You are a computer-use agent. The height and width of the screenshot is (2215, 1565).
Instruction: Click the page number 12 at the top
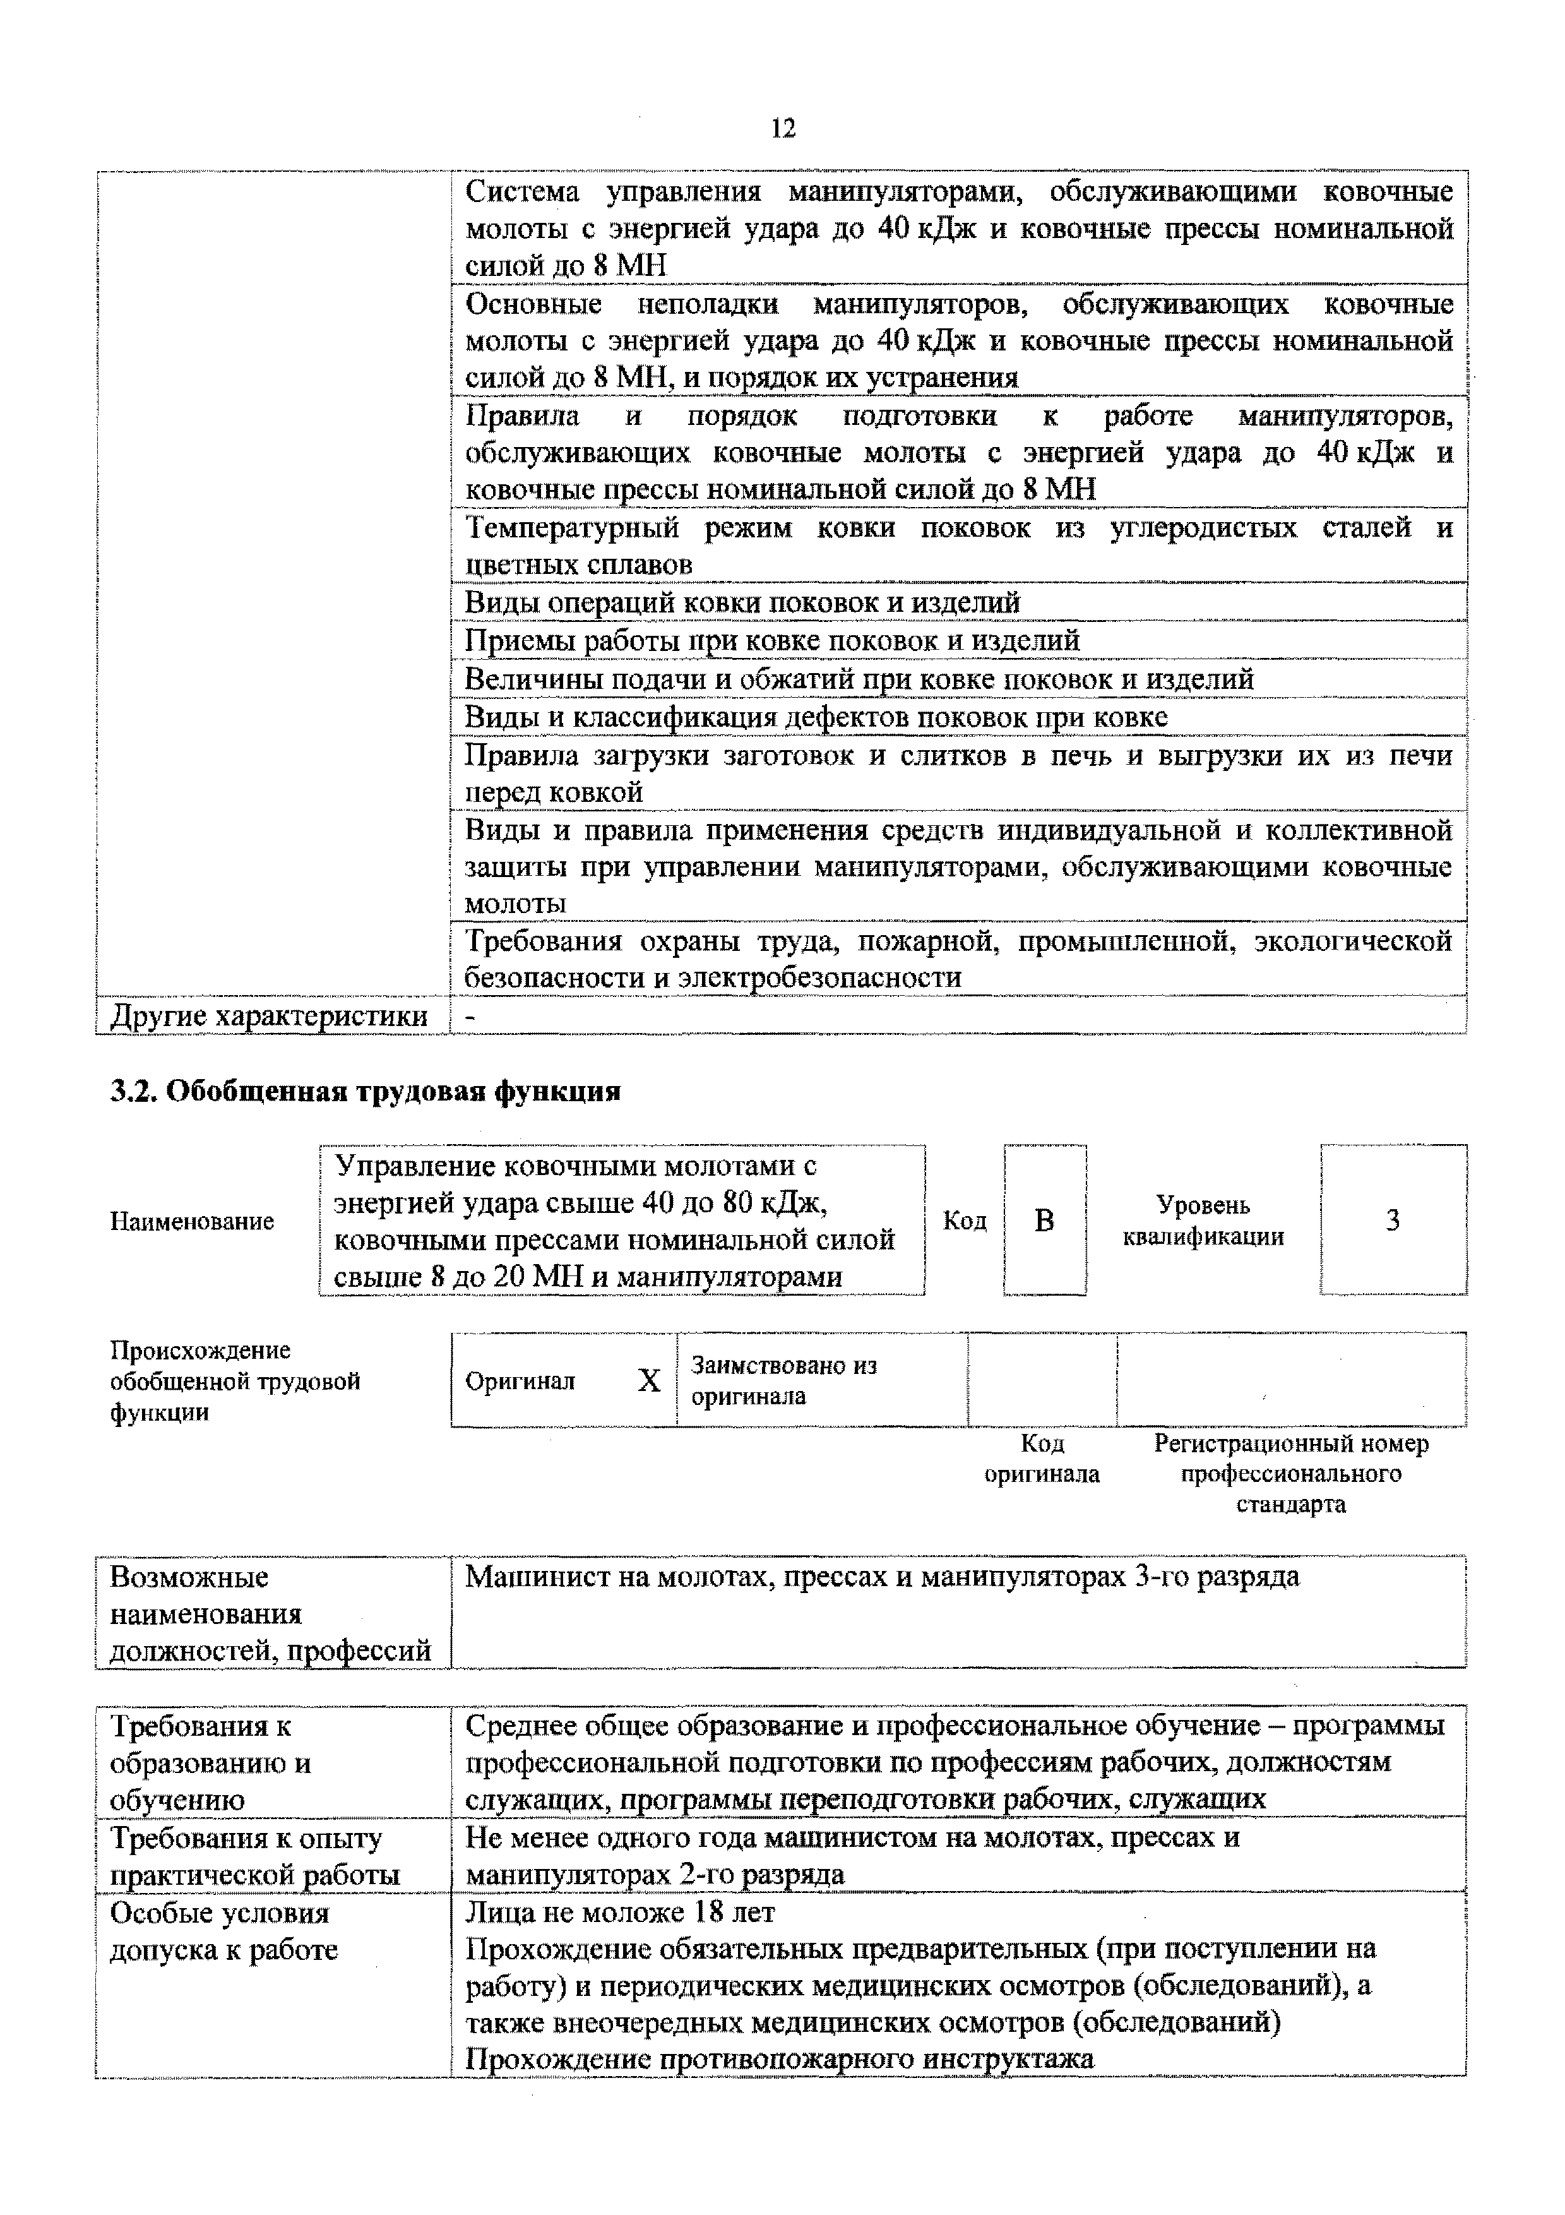(783, 128)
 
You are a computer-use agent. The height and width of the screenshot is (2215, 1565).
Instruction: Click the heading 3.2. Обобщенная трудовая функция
(364, 1091)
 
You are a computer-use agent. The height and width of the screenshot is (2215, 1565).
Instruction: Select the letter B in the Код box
(1044, 1221)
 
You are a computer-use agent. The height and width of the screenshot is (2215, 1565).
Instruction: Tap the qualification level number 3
(1393, 1221)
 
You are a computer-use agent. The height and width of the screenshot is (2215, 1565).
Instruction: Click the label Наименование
(192, 1221)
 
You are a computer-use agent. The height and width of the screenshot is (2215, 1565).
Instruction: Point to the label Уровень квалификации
(1203, 1221)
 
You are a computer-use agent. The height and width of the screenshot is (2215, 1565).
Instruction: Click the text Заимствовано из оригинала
(783, 1380)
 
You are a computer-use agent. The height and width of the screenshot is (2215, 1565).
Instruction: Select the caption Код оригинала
(1042, 1459)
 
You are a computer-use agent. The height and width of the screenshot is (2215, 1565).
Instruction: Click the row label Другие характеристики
(269, 1016)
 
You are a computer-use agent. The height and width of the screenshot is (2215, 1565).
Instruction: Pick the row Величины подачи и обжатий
(858, 679)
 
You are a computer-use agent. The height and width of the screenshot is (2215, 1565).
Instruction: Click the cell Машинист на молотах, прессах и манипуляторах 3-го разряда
(881, 1577)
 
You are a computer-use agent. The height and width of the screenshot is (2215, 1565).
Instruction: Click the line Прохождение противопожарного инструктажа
(779, 2058)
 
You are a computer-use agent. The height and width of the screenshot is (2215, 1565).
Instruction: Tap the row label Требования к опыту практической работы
(254, 1856)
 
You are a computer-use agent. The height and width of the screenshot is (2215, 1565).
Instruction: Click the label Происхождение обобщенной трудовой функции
(234, 1380)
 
